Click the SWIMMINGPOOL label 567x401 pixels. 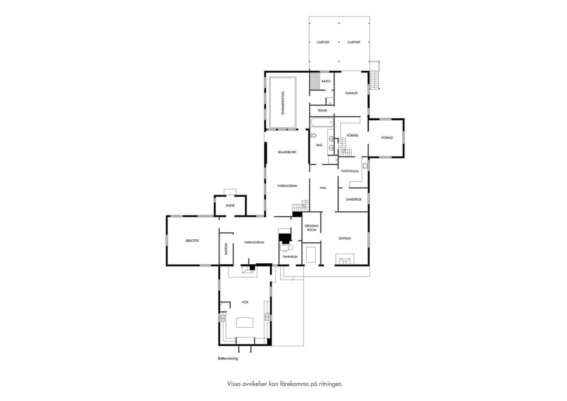pos(283,103)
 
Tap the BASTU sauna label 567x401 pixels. pos(326,81)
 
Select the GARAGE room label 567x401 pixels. pos(351,93)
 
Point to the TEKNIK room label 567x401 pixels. pos(322,111)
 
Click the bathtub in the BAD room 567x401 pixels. pos(322,122)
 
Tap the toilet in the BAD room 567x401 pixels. pos(313,136)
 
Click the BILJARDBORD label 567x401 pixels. pos(287,152)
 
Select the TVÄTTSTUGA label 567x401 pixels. pos(350,171)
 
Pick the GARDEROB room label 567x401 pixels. pos(353,199)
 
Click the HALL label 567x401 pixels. pos(323,188)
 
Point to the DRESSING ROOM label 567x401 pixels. pos(312,228)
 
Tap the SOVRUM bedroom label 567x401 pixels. pos(345,238)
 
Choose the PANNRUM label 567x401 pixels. pos(290,257)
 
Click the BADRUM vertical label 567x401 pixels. pos(226,249)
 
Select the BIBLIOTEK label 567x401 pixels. pos(192,241)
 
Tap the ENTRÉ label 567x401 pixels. pos(230,206)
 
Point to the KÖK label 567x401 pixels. pos(245,302)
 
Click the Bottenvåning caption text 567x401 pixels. pos(228,358)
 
